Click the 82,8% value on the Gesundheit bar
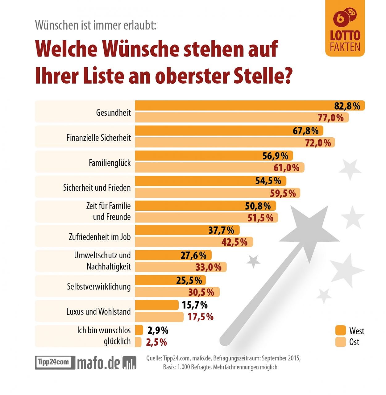pyautogui.click(x=347, y=106)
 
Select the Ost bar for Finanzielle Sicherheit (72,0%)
pyautogui.click(x=235, y=143)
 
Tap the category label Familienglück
pyautogui.click(x=110, y=163)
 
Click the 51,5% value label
pyautogui.click(x=260, y=218)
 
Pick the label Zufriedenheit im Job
pyautogui.click(x=100, y=237)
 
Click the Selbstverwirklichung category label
pyautogui.click(x=99, y=287)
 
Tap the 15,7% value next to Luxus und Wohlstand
pyautogui.click(x=194, y=305)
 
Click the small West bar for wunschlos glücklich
pyautogui.click(x=139, y=330)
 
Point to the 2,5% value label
pyautogui.click(x=156, y=342)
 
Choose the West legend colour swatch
pyautogui.click(x=340, y=331)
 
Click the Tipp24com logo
pyautogui.click(x=55, y=362)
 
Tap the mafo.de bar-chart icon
pyautogui.click(x=129, y=363)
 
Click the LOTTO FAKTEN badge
pyautogui.click(x=345, y=28)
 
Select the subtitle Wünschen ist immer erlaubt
pyautogui.click(x=96, y=25)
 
